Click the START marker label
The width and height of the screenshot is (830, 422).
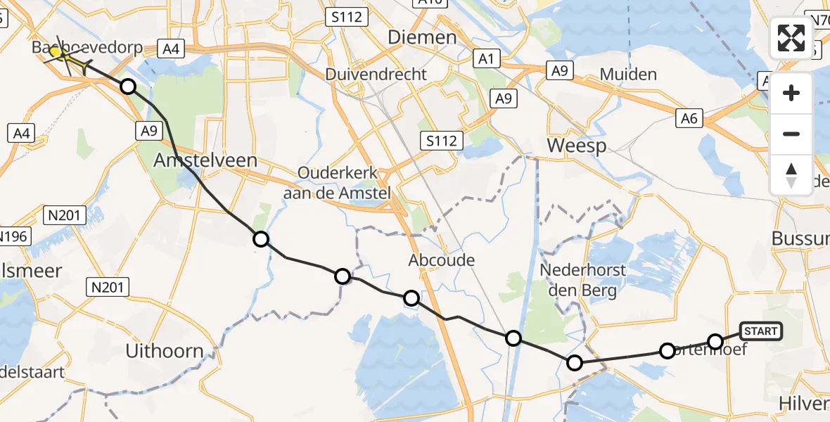pos(760,331)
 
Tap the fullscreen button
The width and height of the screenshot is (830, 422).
pos(791,38)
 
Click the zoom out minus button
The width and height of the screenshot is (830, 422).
pos(791,134)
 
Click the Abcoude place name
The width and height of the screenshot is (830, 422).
pos(442,260)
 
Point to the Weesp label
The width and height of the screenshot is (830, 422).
pos(576,146)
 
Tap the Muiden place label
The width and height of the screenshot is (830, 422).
pos(628,74)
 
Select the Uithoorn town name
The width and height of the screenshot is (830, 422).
pos(164,350)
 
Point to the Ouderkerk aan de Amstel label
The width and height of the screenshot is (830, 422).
pos(344,182)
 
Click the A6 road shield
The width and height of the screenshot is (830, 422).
pos(689,118)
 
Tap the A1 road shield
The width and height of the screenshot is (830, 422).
pos(486,58)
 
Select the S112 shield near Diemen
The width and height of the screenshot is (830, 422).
pos(347,15)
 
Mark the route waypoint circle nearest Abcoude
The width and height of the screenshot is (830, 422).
pos(412,299)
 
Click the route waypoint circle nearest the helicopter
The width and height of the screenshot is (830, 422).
pos(128,87)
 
